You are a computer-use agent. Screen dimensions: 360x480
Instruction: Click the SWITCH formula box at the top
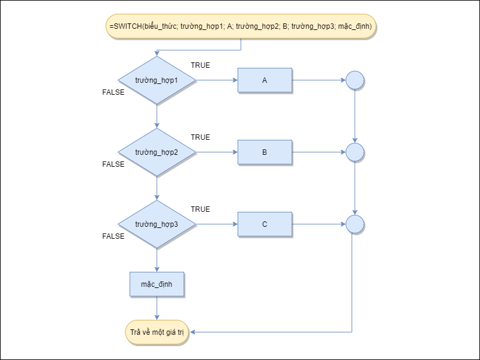tap(241, 26)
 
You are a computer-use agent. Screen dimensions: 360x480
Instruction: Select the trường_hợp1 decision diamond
tap(157, 80)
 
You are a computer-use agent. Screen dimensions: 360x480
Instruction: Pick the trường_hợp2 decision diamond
tap(157, 152)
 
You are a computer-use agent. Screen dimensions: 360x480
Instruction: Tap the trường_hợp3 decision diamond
tap(157, 224)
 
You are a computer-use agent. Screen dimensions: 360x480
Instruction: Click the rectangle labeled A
tap(265, 80)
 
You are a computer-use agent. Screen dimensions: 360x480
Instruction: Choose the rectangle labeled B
tap(265, 152)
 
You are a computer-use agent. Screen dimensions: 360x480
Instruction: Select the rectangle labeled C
tap(265, 224)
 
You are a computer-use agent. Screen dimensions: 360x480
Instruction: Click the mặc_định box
tap(157, 284)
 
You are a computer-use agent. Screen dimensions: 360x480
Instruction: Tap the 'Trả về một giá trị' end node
tap(157, 332)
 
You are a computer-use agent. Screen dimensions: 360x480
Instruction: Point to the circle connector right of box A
tap(355, 80)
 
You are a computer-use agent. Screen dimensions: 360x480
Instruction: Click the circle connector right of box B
tap(355, 152)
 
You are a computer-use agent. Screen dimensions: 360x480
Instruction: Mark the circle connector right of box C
tap(355, 224)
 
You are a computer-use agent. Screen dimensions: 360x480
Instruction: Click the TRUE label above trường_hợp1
tap(200, 65)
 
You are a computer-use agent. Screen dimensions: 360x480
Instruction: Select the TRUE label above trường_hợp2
tap(200, 137)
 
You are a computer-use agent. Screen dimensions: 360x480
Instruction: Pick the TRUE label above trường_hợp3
tap(200, 209)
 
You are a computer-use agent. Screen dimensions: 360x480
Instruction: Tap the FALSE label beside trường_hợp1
tap(113, 92)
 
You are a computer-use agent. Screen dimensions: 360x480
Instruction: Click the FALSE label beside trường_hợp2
tap(113, 164)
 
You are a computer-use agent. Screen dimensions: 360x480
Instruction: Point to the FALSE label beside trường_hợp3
tap(113, 236)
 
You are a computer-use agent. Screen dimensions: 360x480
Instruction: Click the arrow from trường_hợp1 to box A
tap(216, 80)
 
